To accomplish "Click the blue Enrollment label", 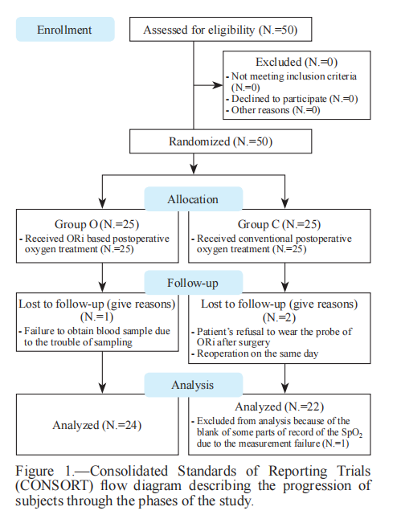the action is point(65,30).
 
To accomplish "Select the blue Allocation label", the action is point(194,198).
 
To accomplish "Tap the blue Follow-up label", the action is point(194,283).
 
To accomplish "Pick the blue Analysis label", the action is point(194,385).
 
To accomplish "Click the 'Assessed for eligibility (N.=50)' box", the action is point(220,30).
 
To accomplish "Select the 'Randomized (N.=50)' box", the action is point(220,141).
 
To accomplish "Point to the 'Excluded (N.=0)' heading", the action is point(297,62).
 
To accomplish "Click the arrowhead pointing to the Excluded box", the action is point(218,85).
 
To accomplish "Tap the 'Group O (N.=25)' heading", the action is point(96,224).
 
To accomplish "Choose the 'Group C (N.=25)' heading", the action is point(279,224).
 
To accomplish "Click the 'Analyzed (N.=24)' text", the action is point(97,425).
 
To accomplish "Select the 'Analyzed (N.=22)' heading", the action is point(280,407).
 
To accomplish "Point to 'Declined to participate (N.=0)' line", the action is point(293,99).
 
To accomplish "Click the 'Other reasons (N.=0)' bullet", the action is point(273,110).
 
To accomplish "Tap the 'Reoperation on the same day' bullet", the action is point(256,353).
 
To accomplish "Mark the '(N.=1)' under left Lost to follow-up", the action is point(96,317).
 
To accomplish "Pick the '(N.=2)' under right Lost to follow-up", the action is point(279,317).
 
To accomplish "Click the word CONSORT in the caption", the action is point(55,485).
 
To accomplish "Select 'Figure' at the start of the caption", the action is point(35,471).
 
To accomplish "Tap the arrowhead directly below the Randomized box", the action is point(194,169).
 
